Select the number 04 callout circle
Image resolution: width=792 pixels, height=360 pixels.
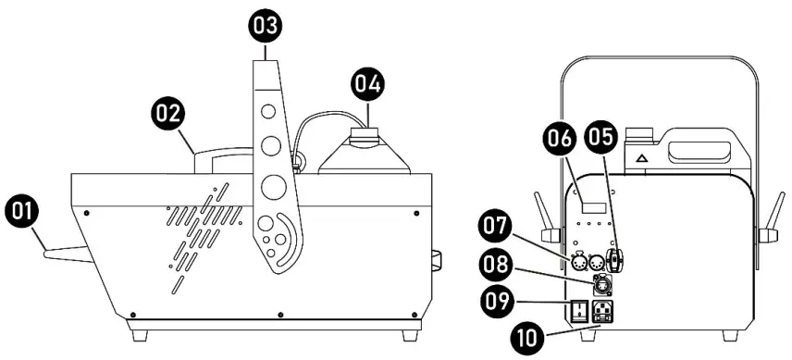(367, 86)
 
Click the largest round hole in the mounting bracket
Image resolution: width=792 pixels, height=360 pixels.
(273, 186)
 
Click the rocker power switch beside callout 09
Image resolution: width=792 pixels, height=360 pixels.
(580, 310)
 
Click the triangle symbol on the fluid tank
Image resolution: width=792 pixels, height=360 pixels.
(640, 159)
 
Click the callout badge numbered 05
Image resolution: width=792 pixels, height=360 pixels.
(601, 139)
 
